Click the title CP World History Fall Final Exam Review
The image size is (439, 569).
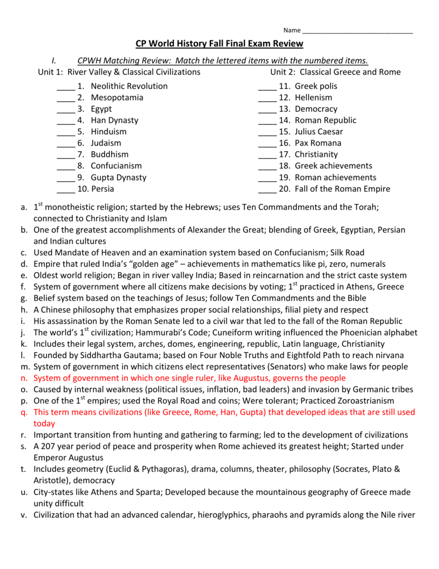click(219, 44)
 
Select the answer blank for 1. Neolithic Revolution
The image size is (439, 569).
click(66, 87)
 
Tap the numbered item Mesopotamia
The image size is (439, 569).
click(117, 98)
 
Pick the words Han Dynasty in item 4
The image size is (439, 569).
click(115, 121)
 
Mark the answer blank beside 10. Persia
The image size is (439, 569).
click(66, 189)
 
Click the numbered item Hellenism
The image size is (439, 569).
click(314, 98)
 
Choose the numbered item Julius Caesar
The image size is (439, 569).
click(319, 132)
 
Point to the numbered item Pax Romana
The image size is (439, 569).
click(318, 143)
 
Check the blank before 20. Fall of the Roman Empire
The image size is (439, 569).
click(268, 189)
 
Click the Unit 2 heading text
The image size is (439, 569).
click(335, 72)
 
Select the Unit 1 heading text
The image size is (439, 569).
click(119, 72)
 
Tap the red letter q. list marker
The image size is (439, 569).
click(24, 412)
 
